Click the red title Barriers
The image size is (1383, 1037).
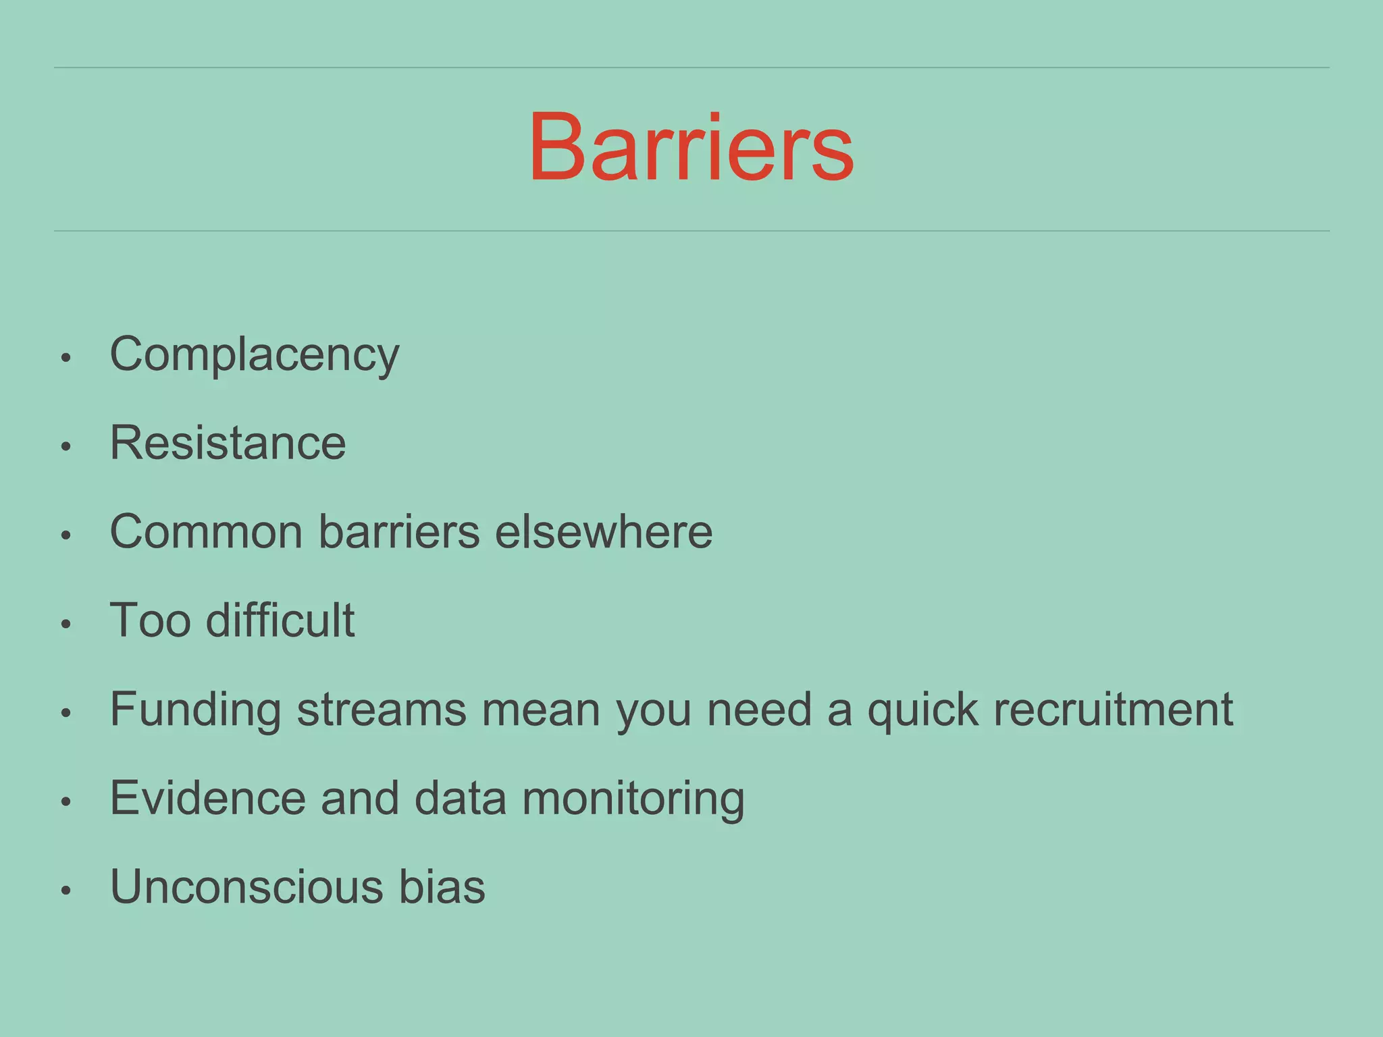tap(691, 147)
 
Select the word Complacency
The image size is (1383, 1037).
tap(255, 355)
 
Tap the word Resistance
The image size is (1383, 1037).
tap(228, 444)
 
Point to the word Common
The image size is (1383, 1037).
tap(206, 532)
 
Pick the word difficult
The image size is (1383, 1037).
tap(280, 620)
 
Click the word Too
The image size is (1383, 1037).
tap(150, 620)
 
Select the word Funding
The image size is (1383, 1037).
tap(195, 710)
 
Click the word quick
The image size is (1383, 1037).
tap(922, 711)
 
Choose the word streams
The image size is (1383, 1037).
tap(382, 710)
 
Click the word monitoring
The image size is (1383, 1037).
tap(633, 799)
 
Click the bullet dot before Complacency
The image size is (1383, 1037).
tap(66, 358)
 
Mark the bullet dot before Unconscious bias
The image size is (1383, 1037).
tap(66, 890)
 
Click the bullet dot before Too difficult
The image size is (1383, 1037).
tap(66, 624)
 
